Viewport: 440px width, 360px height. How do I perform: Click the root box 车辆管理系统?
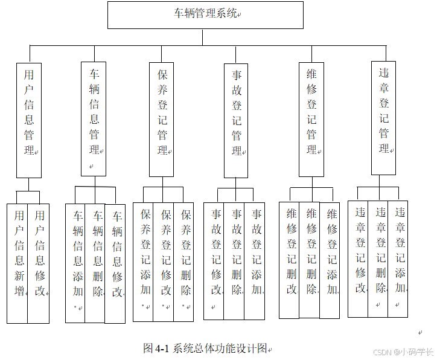(205, 14)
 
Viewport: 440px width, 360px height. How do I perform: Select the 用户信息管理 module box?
(29, 120)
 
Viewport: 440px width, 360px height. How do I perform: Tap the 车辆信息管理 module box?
(94, 119)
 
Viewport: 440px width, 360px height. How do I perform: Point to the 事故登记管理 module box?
(237, 120)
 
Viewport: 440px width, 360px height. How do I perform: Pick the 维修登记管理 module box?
(311, 119)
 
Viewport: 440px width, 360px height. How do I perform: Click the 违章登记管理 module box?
(384, 118)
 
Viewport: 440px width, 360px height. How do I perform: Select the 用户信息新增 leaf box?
(18, 263)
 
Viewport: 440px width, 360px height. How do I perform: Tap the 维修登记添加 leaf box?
(330, 260)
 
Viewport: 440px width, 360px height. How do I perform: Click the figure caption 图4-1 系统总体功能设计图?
(205, 348)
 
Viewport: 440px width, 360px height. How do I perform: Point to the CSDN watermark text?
(403, 352)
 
